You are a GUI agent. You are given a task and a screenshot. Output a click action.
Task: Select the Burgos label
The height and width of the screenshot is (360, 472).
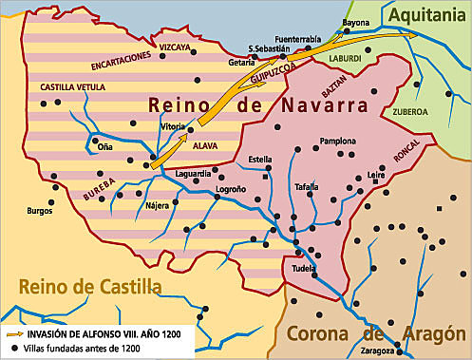[39, 210]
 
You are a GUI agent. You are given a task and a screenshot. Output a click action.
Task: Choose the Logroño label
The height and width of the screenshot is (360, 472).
[231, 189]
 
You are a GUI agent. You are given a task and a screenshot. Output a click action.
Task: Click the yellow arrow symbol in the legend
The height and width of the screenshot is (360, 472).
[13, 334]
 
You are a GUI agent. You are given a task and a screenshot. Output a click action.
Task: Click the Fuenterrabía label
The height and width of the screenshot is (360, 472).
[297, 39]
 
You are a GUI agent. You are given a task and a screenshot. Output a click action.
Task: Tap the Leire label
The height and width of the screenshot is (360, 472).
[377, 176]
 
